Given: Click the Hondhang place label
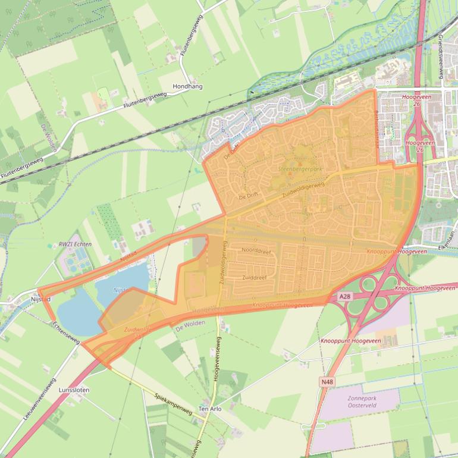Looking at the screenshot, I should click(187, 86).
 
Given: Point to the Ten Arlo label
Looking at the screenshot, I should click(210, 409).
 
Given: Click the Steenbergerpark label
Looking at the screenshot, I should click(300, 170).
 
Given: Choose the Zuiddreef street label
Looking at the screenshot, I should click(255, 277).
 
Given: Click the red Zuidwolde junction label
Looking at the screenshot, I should click(138, 329).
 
